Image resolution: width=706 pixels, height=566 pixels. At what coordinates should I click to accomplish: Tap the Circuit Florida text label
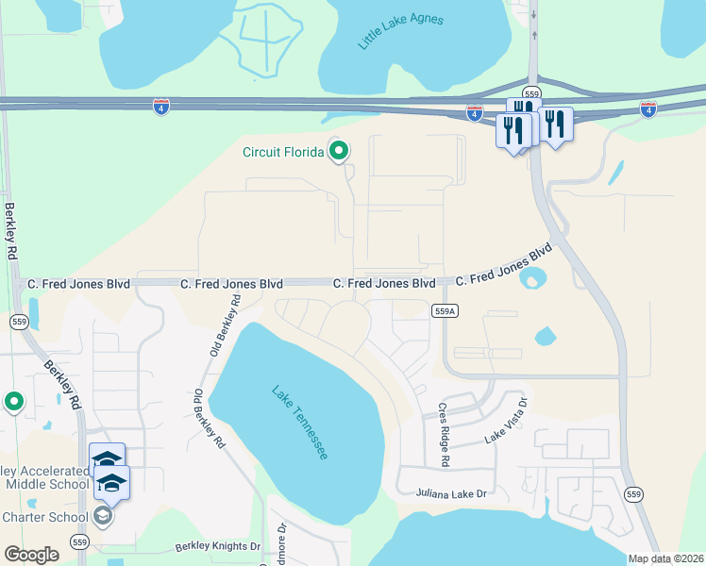click(282, 152)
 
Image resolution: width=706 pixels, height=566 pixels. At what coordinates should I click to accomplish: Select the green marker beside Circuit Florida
click(338, 150)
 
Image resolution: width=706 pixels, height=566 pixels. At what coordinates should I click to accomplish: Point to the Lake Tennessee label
click(300, 422)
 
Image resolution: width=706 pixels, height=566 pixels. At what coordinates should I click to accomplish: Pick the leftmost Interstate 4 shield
click(161, 108)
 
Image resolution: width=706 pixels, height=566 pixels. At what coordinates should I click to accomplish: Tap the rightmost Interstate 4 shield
click(648, 109)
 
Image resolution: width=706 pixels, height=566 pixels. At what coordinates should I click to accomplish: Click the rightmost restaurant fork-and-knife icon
click(555, 125)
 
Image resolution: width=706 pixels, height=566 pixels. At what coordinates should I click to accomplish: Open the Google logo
click(31, 554)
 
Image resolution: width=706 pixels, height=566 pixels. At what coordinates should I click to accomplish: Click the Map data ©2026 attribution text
click(665, 558)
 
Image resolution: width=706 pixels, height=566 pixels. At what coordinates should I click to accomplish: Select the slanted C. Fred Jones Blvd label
click(503, 267)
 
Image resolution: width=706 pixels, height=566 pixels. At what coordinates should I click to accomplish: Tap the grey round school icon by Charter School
click(102, 516)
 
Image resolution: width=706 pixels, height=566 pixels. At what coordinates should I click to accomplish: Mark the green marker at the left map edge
click(13, 402)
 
